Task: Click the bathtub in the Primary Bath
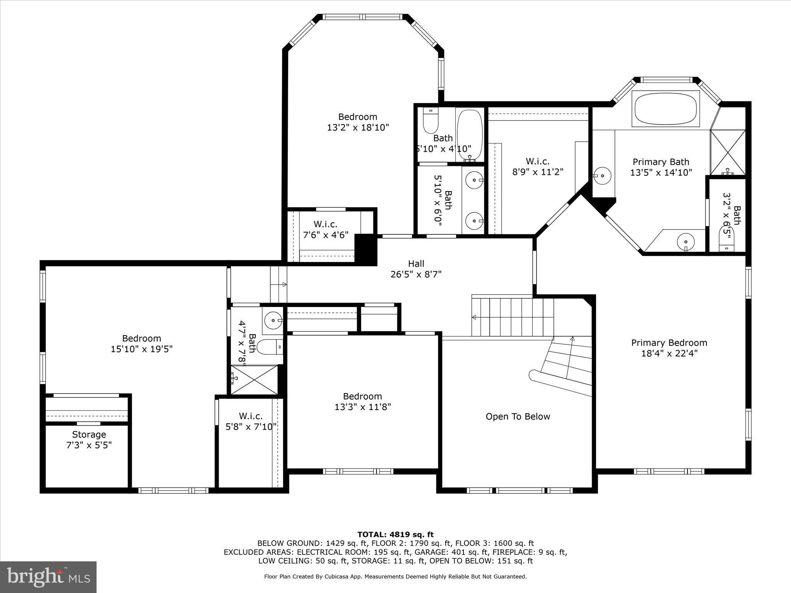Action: tap(665, 108)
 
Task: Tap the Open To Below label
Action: tap(518, 417)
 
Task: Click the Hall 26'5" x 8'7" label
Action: tap(416, 269)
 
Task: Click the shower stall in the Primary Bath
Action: tap(728, 152)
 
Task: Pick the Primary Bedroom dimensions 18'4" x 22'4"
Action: tap(669, 353)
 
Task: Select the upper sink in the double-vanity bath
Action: tap(474, 180)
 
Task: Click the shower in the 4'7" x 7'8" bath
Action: tap(254, 380)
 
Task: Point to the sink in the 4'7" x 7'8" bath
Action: tap(273, 320)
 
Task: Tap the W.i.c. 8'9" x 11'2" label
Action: tap(538, 166)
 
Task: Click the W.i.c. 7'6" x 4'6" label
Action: tap(326, 229)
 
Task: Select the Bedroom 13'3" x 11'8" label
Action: tap(362, 402)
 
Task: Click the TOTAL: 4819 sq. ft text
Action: tap(395, 535)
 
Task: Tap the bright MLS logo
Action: tap(48, 577)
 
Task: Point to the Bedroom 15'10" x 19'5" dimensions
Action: tap(141, 349)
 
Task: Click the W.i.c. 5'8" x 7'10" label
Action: tap(251, 421)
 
